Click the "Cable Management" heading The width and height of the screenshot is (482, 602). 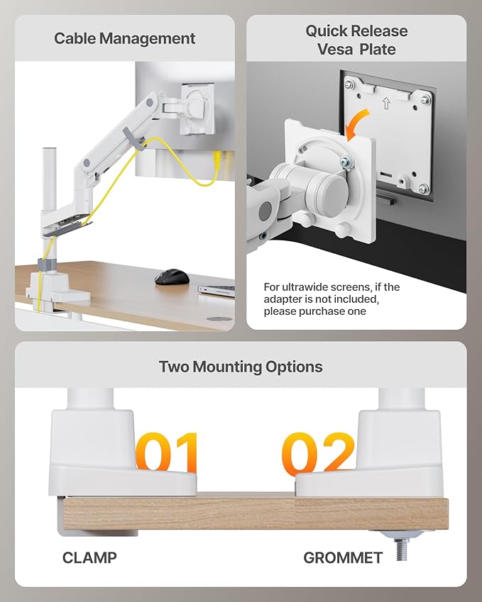(x=124, y=38)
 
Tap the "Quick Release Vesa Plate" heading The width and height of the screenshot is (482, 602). (x=356, y=40)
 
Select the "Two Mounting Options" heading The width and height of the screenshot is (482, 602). (x=241, y=367)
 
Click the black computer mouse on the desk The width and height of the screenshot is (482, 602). (x=170, y=277)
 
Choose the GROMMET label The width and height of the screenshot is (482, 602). (x=343, y=557)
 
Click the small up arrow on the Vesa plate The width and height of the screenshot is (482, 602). (x=386, y=104)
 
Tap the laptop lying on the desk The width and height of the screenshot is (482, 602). (x=217, y=289)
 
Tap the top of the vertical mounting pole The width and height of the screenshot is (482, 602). (x=50, y=152)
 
